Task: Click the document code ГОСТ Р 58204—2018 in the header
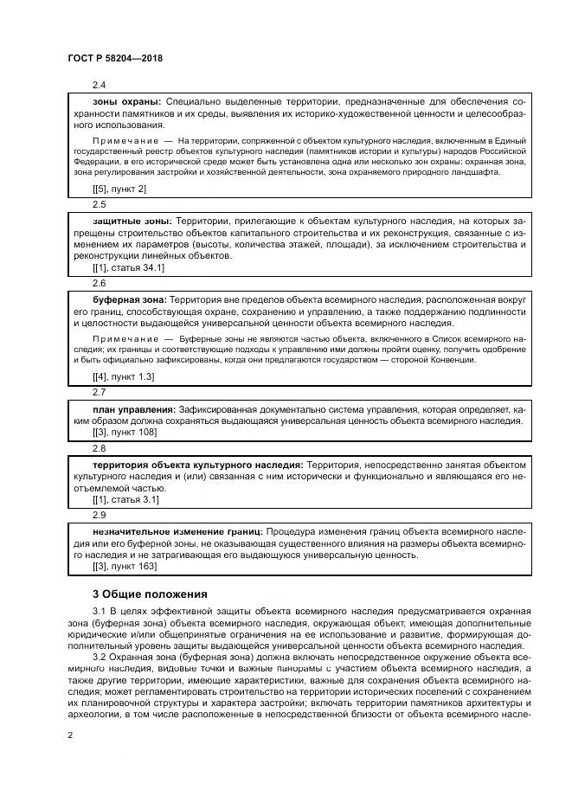click(x=115, y=58)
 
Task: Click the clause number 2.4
click(x=99, y=85)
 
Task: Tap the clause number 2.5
click(x=99, y=204)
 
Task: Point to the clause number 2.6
click(x=99, y=282)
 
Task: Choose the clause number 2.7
click(x=99, y=392)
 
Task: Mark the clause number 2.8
click(x=99, y=447)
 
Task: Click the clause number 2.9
click(x=99, y=514)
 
